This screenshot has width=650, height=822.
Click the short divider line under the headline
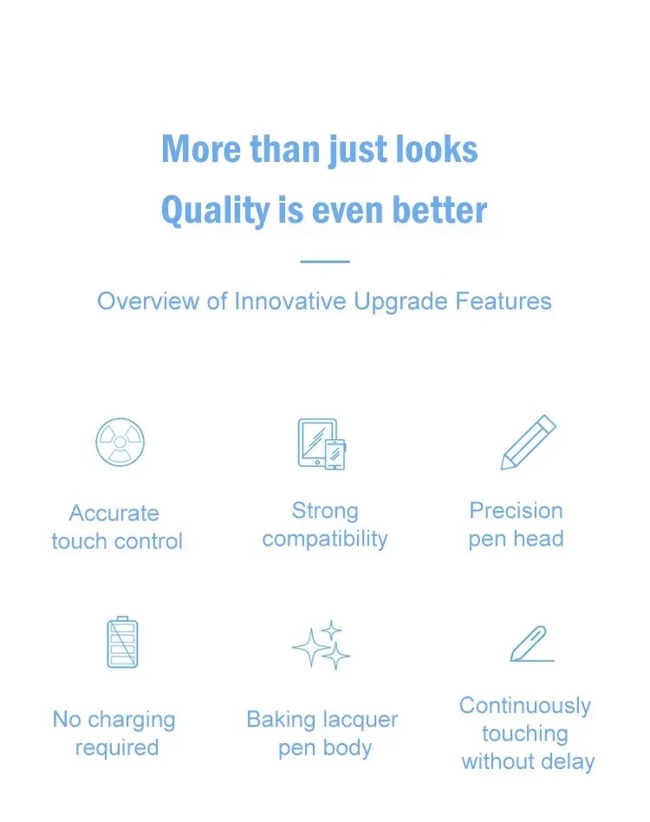(x=325, y=261)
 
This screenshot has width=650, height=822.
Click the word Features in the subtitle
(x=504, y=301)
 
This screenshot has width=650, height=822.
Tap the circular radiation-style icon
(x=120, y=442)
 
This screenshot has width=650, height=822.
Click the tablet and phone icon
(x=322, y=444)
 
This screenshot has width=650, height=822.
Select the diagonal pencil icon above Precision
(x=529, y=443)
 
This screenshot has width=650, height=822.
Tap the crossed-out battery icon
(x=123, y=642)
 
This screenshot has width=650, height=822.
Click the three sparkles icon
(x=321, y=645)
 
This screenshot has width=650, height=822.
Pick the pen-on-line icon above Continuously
(x=532, y=644)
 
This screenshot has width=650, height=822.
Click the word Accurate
(x=114, y=514)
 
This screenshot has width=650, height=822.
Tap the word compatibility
(x=325, y=540)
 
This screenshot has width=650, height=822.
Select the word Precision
(x=517, y=510)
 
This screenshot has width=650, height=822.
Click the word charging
(x=131, y=721)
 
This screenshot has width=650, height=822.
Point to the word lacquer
(x=361, y=721)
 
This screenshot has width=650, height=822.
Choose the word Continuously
(x=525, y=707)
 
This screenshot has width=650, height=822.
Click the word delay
(x=568, y=761)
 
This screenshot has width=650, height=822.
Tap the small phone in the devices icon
(x=335, y=455)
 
